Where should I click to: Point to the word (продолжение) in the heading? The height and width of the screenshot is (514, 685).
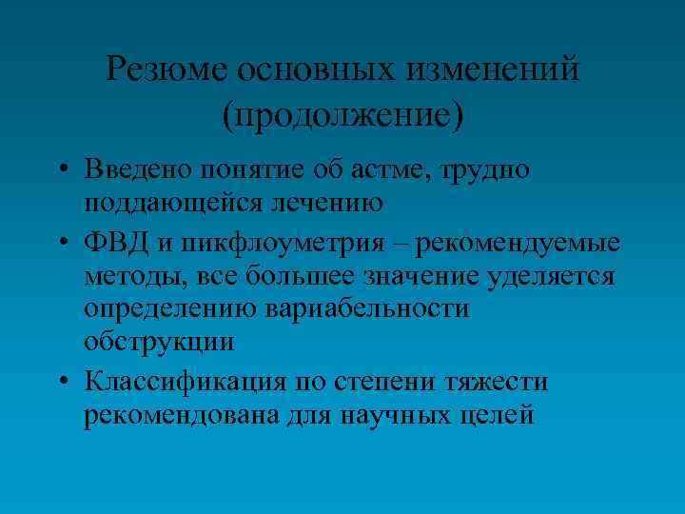pos(342,115)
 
